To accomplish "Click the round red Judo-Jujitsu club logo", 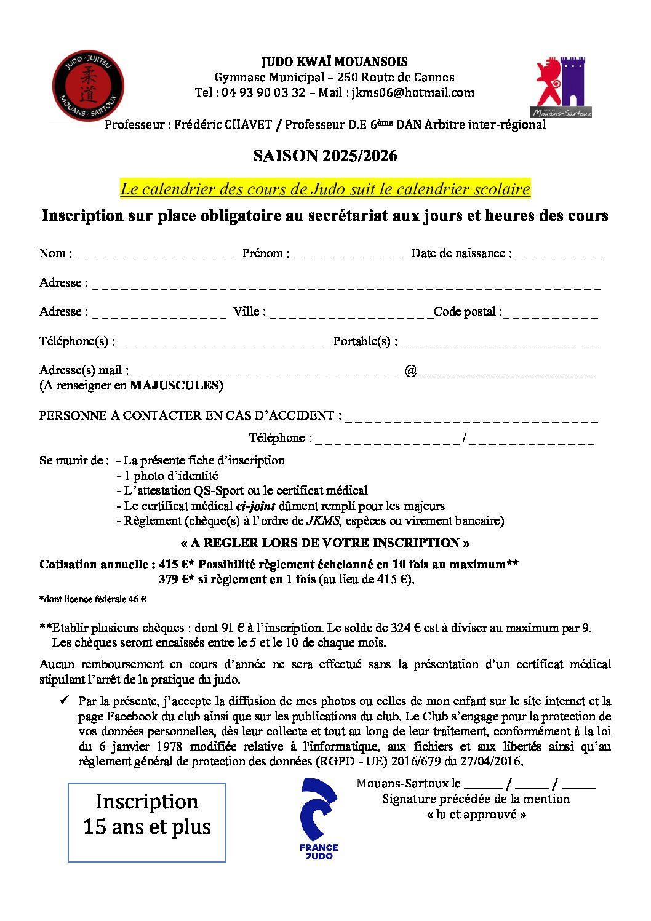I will [88, 86].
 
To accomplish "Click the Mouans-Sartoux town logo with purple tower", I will [561, 87].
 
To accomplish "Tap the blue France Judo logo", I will [319, 818].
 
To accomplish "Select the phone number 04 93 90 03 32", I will [263, 93].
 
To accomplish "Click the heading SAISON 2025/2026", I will [325, 156].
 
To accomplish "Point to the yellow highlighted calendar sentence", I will [325, 189].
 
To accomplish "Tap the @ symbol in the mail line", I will [410, 370].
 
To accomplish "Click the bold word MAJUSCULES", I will [175, 386].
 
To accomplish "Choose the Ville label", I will [249, 312].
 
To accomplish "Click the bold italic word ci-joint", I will [255, 506].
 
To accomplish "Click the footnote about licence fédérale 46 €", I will [92, 599].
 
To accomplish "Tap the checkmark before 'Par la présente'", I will [64, 701].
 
